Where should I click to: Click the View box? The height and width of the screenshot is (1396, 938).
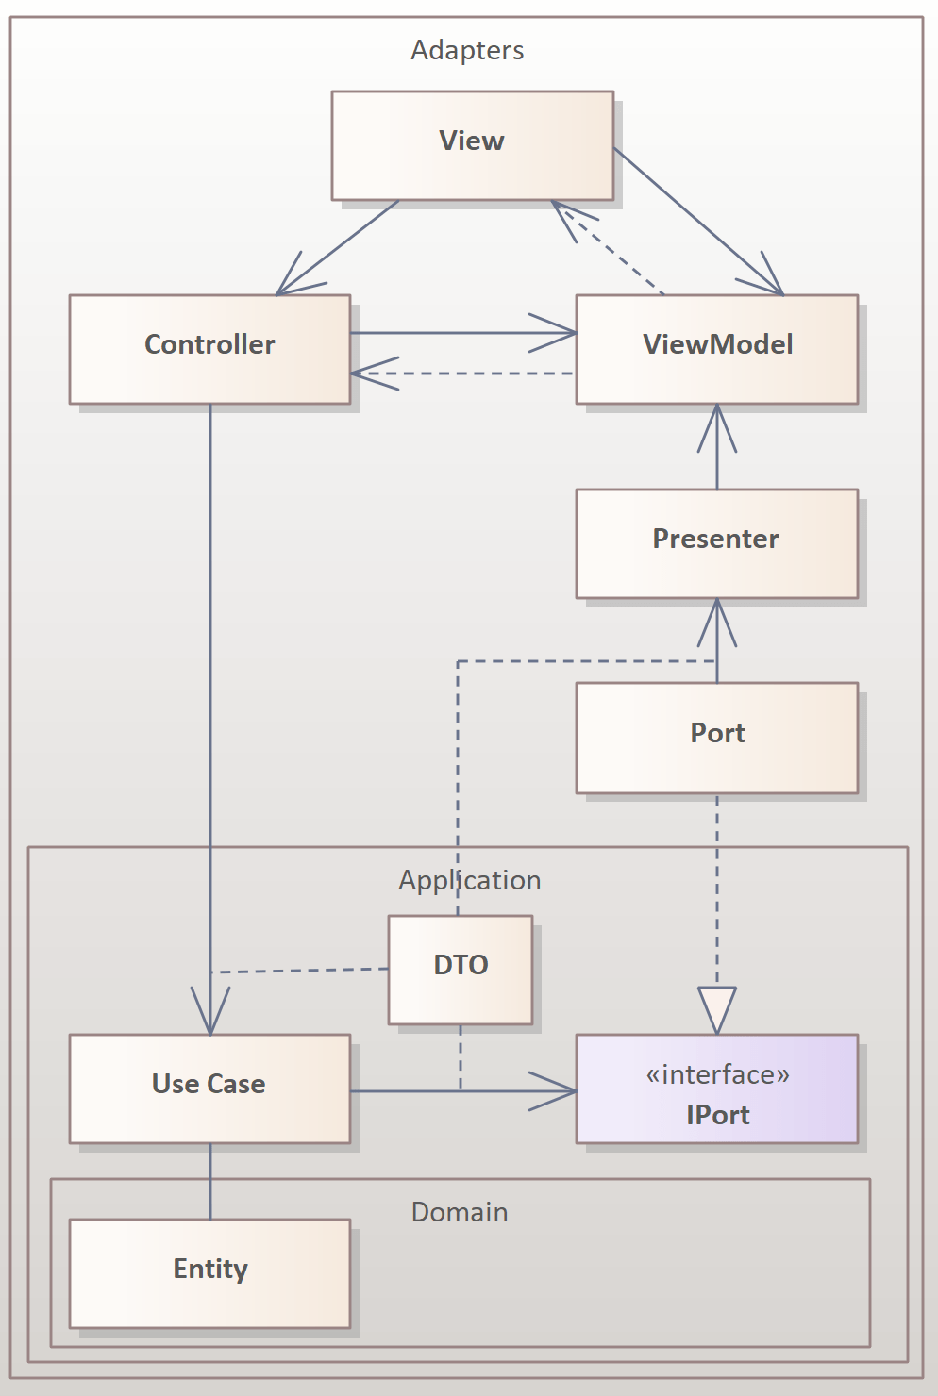(472, 145)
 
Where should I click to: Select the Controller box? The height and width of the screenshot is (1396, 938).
(209, 349)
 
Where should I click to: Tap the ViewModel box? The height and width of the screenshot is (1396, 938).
(716, 349)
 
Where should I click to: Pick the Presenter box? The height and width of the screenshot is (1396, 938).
(716, 543)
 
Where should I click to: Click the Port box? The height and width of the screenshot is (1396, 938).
(716, 738)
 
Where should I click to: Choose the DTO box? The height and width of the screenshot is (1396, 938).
(461, 969)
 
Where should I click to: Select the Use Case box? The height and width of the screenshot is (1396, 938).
(209, 1089)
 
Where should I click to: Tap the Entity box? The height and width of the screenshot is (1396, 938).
(209, 1273)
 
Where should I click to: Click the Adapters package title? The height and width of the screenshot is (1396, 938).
(467, 50)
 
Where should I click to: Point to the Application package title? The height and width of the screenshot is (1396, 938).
(469, 880)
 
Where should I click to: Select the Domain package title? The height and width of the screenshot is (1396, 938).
(460, 1212)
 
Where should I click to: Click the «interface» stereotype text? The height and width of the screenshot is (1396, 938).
(717, 1074)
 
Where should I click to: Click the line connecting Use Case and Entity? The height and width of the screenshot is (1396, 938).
(210, 1181)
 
